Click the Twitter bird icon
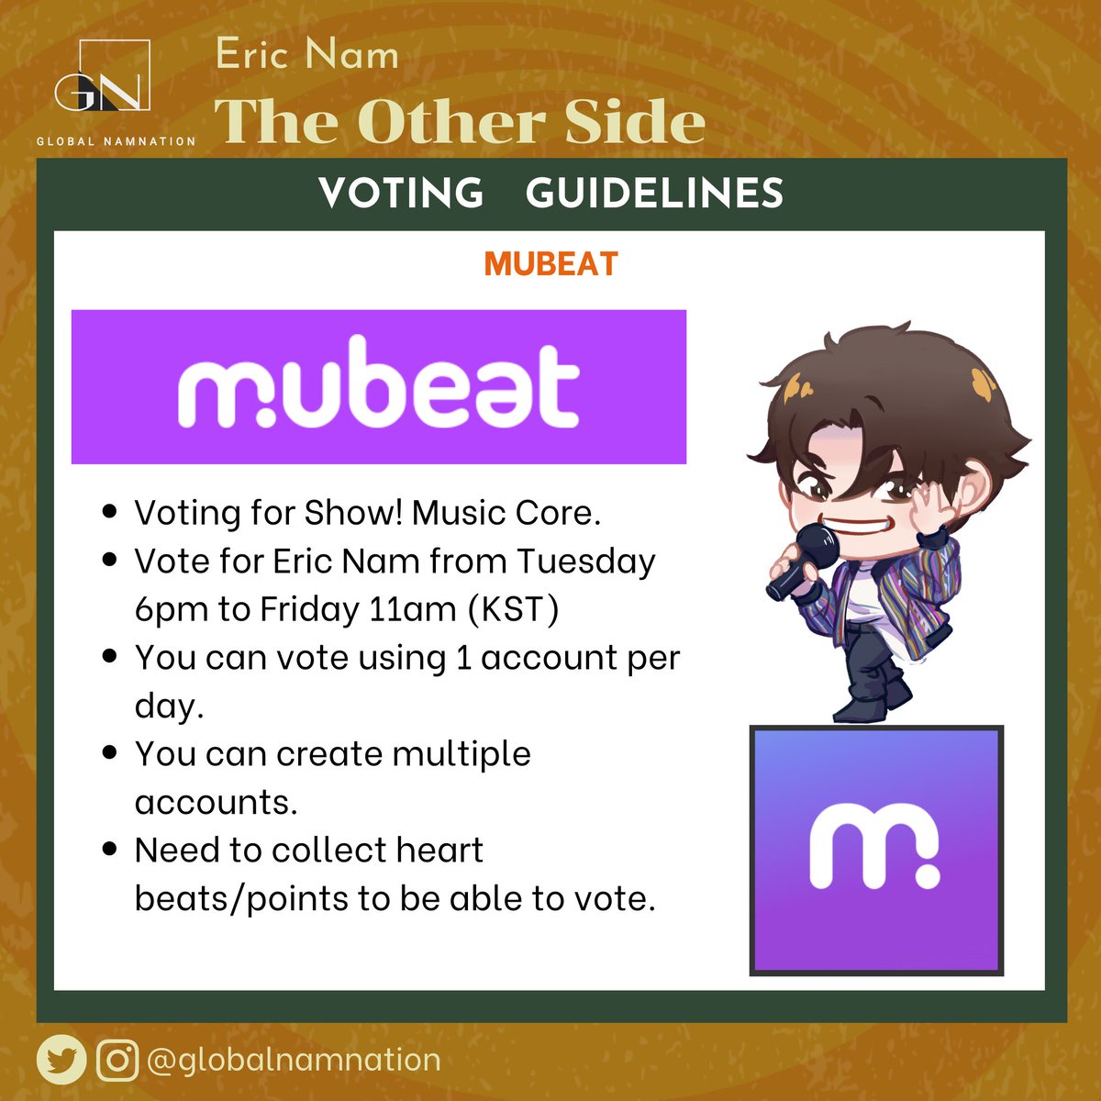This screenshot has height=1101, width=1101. point(61,1061)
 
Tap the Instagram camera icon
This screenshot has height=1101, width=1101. point(117,1061)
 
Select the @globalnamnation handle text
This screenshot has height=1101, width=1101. point(294,1061)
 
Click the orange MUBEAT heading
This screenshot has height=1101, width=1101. point(550,264)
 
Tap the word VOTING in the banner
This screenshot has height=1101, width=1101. point(401,194)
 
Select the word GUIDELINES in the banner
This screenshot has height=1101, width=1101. point(654,194)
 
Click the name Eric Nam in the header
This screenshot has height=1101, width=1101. point(307,56)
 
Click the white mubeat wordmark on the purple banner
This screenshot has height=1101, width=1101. point(378,386)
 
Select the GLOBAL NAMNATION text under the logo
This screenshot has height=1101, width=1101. point(116,141)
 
